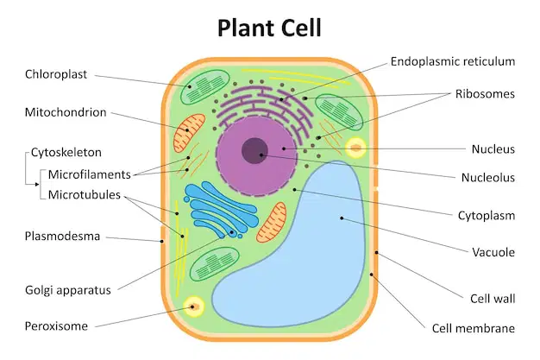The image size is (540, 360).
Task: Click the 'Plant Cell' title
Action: (x=269, y=28)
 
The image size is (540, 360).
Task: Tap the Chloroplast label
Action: (x=56, y=74)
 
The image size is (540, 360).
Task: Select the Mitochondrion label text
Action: (x=66, y=112)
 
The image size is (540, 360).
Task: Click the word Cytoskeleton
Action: (x=66, y=153)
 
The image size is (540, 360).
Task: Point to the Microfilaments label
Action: (x=89, y=174)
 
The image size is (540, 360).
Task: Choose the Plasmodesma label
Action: (x=62, y=237)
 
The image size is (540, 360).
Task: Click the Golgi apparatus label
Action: (x=68, y=290)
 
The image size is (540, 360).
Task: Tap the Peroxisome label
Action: (x=56, y=326)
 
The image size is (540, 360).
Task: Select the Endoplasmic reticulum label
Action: (x=453, y=61)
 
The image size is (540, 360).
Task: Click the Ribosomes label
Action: (x=485, y=94)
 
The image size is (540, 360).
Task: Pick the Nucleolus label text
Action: (x=488, y=178)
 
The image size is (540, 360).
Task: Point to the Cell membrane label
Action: (x=474, y=328)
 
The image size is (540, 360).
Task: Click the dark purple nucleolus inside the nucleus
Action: (x=254, y=151)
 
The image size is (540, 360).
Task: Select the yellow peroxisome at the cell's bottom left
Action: (x=193, y=306)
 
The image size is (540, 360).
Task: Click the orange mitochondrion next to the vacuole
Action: (x=272, y=223)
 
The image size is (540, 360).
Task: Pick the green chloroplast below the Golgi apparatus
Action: (x=214, y=264)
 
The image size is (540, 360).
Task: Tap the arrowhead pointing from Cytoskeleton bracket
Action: (x=37, y=185)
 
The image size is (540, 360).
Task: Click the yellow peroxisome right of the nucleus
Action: (x=355, y=148)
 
